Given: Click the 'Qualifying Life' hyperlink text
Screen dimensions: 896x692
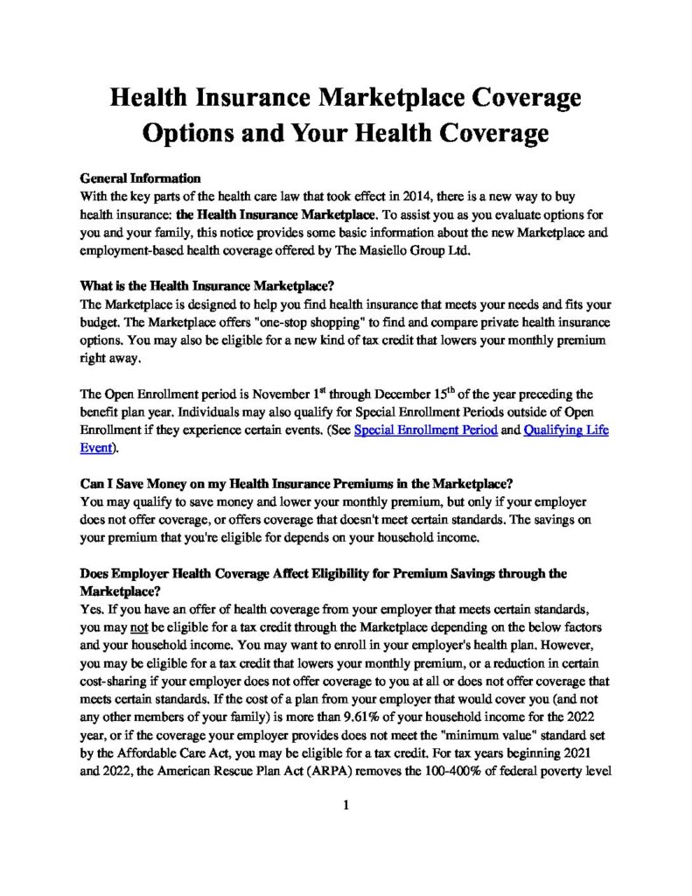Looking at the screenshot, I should point(566,430).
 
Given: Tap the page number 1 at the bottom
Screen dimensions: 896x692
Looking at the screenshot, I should point(346,806).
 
